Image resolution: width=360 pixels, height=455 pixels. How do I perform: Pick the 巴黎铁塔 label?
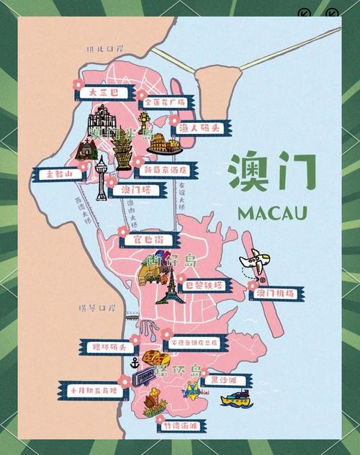click(204, 285)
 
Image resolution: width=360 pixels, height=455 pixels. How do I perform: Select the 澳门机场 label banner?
click(276, 293)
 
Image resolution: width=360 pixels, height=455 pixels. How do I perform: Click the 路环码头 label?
click(107, 348)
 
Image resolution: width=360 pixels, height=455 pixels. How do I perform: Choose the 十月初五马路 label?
click(92, 390)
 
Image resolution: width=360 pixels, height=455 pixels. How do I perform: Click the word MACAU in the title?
click(271, 213)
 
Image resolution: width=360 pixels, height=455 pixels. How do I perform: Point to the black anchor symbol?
click(124, 379)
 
